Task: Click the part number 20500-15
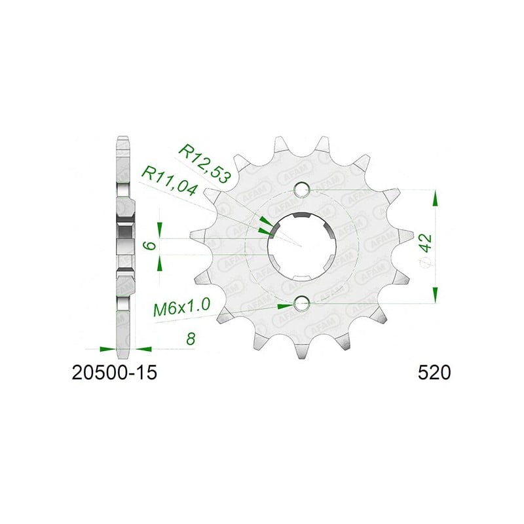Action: click(x=114, y=373)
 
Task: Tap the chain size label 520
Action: click(x=434, y=373)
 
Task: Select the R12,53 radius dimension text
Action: click(x=204, y=164)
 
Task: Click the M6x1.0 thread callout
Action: click(x=182, y=307)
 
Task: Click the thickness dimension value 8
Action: click(x=191, y=339)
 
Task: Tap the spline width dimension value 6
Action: click(x=151, y=245)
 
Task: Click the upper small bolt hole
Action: click(x=302, y=190)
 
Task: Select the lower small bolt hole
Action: click(x=302, y=303)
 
